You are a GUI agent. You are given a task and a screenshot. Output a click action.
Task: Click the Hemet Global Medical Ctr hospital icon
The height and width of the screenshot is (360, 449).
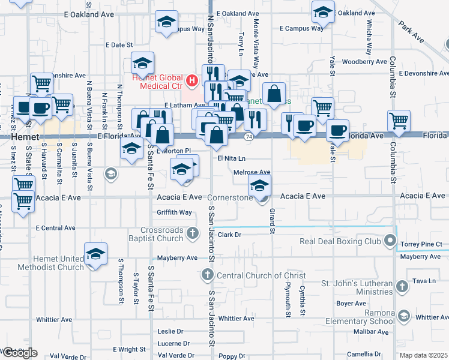coord(191,79)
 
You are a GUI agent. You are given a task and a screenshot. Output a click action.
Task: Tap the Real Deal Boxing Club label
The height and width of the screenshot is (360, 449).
coord(340,242)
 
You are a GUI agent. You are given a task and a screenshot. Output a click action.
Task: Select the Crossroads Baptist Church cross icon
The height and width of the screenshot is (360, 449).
coord(192,232)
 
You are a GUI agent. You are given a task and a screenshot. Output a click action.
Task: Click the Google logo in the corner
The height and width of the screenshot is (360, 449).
coord(19,353)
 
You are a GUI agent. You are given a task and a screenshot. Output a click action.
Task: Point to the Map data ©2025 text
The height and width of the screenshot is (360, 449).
coord(424,355)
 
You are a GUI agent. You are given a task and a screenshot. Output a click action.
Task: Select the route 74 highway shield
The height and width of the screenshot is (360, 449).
coord(249,137)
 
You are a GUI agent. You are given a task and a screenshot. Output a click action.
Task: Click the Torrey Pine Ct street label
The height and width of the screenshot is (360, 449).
coord(421,244)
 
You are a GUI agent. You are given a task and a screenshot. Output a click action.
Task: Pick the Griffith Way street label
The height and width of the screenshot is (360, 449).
coord(174,212)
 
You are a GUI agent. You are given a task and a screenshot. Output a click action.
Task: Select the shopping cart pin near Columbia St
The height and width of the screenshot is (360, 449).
coord(399,120)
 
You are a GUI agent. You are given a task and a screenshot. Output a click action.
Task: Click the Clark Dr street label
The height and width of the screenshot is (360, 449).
coord(229,235)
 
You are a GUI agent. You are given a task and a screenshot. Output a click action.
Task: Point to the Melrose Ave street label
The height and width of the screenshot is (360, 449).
coord(252,172)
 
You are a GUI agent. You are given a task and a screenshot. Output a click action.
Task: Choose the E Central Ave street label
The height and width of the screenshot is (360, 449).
coord(56,228)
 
